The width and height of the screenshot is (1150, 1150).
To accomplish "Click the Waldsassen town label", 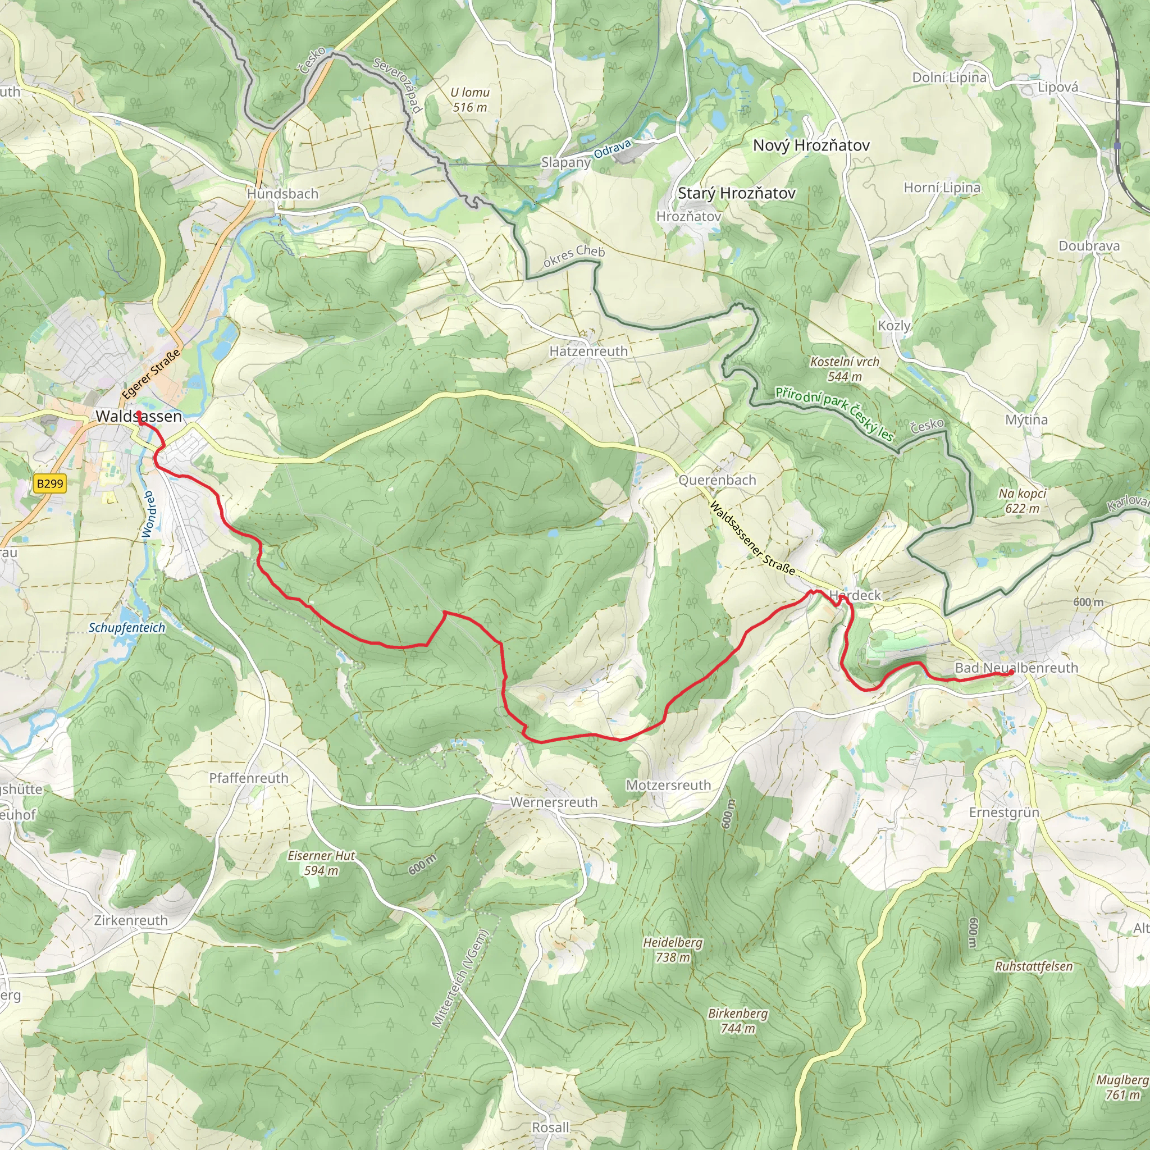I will [x=139, y=416].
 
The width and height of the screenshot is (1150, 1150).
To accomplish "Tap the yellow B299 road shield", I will [x=49, y=483].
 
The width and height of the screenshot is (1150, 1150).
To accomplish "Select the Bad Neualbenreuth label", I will [x=1016, y=668].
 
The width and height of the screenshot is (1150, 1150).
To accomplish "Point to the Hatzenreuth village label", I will [x=588, y=351].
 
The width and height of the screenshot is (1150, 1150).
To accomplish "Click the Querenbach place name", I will [x=717, y=480].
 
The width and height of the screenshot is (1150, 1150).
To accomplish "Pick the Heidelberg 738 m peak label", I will [x=673, y=950].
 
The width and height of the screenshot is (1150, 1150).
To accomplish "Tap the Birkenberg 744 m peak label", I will [x=737, y=1020].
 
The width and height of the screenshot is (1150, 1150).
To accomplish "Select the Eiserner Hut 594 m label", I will [x=321, y=862].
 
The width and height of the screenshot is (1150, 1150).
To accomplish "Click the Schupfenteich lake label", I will [x=127, y=627].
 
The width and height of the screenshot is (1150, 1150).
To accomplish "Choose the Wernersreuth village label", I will [x=554, y=802].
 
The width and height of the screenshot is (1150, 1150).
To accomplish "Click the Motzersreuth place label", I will [x=668, y=785].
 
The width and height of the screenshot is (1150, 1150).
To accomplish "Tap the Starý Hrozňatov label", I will [x=736, y=193].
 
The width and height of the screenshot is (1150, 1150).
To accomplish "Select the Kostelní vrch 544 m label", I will [x=844, y=368].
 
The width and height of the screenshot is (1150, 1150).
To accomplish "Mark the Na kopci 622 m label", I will [x=1022, y=500].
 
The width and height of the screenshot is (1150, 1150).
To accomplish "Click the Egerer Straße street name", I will [x=150, y=375].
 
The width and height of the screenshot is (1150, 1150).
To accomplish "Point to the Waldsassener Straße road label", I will [x=752, y=538].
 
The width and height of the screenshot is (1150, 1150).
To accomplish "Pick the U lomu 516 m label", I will [x=469, y=99].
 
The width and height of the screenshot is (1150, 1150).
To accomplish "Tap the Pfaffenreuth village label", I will [x=249, y=778].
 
